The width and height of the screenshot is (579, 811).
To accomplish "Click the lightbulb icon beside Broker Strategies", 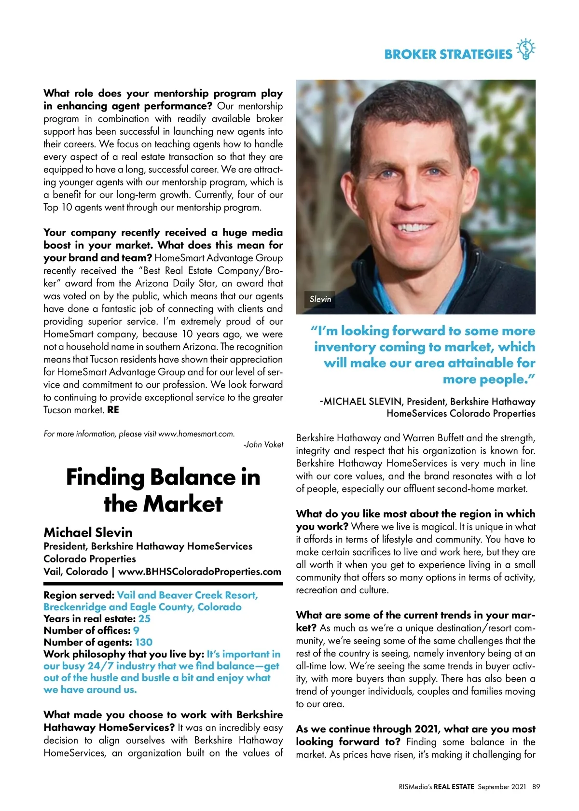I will click(525, 49).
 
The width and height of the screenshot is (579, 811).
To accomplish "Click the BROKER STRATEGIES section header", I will click(448, 54).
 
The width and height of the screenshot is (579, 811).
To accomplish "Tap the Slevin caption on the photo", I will click(320, 299).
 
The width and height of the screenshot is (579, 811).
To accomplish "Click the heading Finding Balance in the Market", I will click(163, 490).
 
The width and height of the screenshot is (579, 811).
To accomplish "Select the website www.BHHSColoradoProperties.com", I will click(200, 572).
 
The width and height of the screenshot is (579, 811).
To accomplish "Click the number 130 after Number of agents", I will click(144, 643).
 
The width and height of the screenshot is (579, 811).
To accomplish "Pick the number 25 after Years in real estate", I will click(144, 619).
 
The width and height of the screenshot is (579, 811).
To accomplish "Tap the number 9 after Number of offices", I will click(137, 630).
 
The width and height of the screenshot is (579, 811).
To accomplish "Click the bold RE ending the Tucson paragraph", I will click(113, 410).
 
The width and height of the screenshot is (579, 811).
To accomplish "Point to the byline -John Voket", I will click(263, 445).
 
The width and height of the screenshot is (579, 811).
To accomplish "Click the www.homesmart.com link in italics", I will click(196, 434).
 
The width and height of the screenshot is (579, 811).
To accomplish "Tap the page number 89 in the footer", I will click(536, 787).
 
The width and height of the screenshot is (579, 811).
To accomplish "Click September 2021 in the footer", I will click(502, 787).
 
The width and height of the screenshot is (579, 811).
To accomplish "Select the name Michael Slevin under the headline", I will click(88, 532).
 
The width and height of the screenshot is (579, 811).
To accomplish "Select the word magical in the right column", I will click(437, 527).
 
